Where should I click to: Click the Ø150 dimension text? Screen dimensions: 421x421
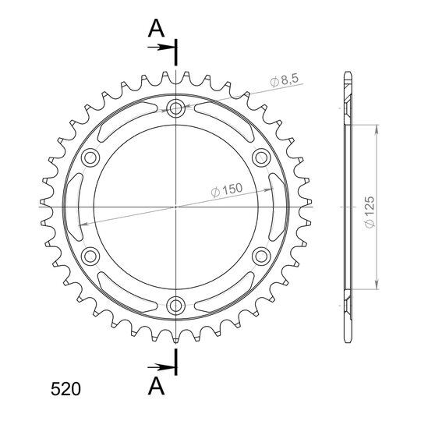227,189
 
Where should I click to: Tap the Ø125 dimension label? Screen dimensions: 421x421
370,212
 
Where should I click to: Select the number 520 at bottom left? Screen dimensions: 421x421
65,389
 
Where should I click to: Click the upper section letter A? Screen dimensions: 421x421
156,29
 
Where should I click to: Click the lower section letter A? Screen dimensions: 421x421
156,386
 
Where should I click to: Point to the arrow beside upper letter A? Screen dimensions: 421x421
161,48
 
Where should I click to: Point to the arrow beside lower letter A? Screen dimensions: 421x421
161,367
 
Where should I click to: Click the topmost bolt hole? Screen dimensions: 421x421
175,108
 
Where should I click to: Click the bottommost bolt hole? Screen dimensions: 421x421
175,306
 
